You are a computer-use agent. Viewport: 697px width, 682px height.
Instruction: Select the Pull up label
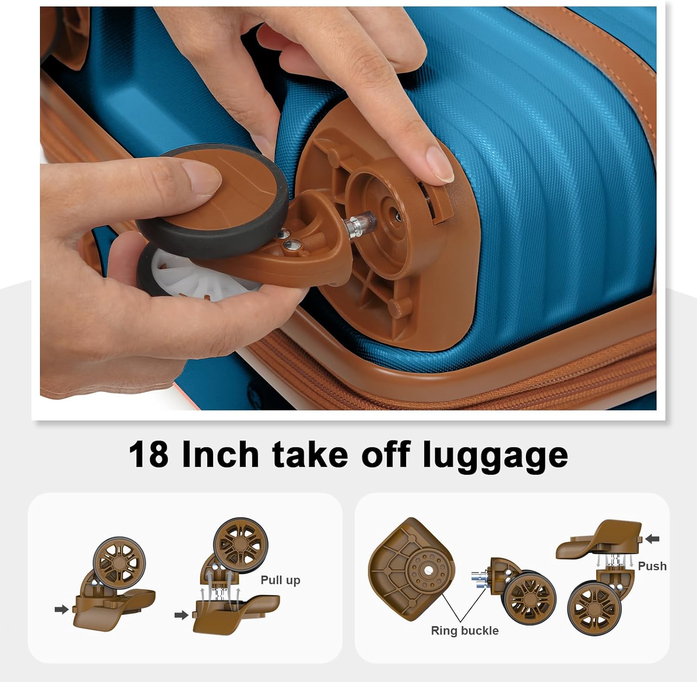(x=280, y=580)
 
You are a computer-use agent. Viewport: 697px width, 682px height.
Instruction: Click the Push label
(x=652, y=566)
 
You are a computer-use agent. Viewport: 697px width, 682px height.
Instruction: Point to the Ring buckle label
(x=465, y=630)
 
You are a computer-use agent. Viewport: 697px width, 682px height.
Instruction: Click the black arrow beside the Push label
(x=653, y=539)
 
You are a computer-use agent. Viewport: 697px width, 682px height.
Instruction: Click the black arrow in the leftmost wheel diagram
(x=61, y=609)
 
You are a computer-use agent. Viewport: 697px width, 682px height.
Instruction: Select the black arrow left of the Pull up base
(x=181, y=616)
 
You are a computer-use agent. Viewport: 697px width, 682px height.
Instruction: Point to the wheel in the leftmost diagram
(x=119, y=564)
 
